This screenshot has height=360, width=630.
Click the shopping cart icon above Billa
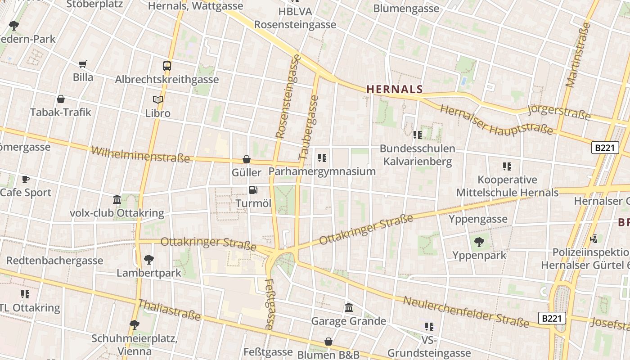pos(82,64)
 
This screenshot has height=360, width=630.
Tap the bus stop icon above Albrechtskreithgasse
pos(167,66)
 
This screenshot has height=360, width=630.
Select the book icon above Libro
pos(158,99)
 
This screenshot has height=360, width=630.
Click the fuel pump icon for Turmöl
pos(253,190)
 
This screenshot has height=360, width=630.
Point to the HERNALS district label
pos(395,89)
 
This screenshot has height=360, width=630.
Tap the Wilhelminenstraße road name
pos(140,154)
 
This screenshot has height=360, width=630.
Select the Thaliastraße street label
pos(169,310)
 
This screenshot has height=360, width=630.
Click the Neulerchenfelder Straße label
pos(466,312)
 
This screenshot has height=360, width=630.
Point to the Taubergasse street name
pos(308,128)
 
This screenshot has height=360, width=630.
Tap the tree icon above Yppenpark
pos(479,242)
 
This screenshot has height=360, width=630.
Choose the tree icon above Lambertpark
pos(149,260)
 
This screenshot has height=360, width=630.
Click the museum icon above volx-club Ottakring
pos(117,199)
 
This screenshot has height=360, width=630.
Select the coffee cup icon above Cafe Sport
pos(26,179)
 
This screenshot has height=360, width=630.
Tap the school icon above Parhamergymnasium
pos(322,158)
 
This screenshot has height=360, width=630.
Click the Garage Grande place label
pos(349,321)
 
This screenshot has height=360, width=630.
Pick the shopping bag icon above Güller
pos(247,159)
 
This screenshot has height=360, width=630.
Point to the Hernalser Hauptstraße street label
pos(496,120)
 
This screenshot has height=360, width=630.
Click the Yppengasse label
pos(478,219)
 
